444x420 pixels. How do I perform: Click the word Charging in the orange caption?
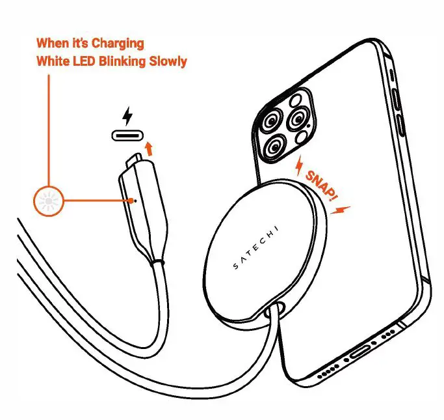click(x=119, y=44)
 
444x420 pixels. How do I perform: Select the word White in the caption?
click(x=53, y=62)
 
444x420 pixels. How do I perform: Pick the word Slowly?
click(x=170, y=62)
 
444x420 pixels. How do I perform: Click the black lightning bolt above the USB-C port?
click(x=129, y=117)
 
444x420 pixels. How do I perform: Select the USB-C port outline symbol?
click(x=129, y=136)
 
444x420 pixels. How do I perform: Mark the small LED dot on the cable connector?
click(x=134, y=200)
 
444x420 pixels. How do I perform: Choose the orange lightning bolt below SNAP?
click(x=343, y=210)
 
